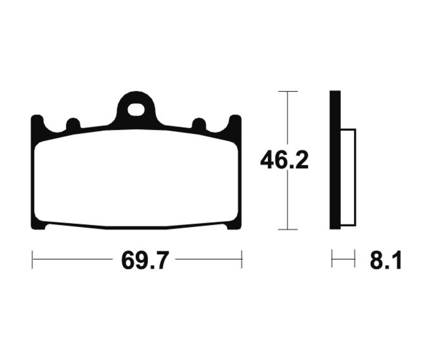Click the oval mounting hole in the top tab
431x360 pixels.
click(136, 110)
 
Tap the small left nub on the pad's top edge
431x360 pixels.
click(73, 124)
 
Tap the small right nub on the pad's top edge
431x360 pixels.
click(199, 124)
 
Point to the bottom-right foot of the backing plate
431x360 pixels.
click(233, 225)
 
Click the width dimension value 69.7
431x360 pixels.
click(145, 260)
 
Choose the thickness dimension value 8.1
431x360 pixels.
click(386, 260)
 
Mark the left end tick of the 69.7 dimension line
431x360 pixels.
click(32, 259)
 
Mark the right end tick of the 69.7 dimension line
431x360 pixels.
click(242, 259)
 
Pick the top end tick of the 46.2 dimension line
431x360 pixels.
click(287, 91)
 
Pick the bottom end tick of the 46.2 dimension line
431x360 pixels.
click(287, 229)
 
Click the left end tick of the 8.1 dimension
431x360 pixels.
click(332, 259)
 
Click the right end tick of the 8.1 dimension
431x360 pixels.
click(354, 259)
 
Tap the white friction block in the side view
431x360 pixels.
click(348, 177)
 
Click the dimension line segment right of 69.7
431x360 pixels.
click(208, 259)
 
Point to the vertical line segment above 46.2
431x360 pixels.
click(287, 120)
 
